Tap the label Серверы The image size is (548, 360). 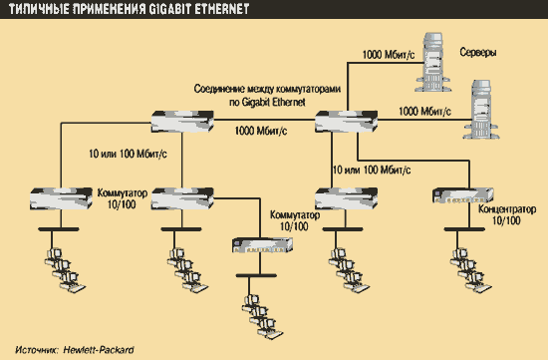tap(477, 53)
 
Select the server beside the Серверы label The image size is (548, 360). tap(432, 62)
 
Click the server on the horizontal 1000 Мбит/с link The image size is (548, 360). tap(481, 110)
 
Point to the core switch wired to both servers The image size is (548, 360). tap(346, 122)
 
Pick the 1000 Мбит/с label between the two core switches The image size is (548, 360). tap(261, 131)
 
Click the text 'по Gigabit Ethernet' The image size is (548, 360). tap(267, 102)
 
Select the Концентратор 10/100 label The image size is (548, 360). tap(507, 214)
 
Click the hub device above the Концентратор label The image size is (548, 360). tap(462, 195)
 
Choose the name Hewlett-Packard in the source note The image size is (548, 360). tap(99, 350)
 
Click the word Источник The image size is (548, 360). tap(37, 350)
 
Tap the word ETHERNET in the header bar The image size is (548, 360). tap(221, 9)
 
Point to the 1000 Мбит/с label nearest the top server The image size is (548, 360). tap(389, 55)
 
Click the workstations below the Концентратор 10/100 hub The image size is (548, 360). tap(470, 270)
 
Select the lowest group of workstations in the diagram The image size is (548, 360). tap(262, 316)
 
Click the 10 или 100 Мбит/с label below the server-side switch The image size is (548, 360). tap(372, 171)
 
